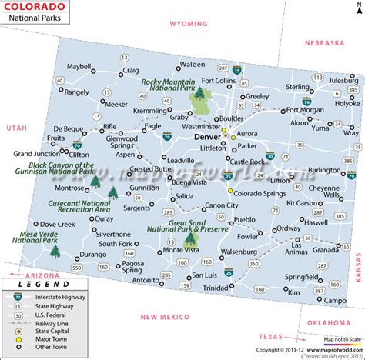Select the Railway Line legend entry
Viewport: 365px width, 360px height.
pyautogui.click(x=47, y=328)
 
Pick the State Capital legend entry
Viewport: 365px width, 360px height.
pyautogui.click(x=49, y=336)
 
